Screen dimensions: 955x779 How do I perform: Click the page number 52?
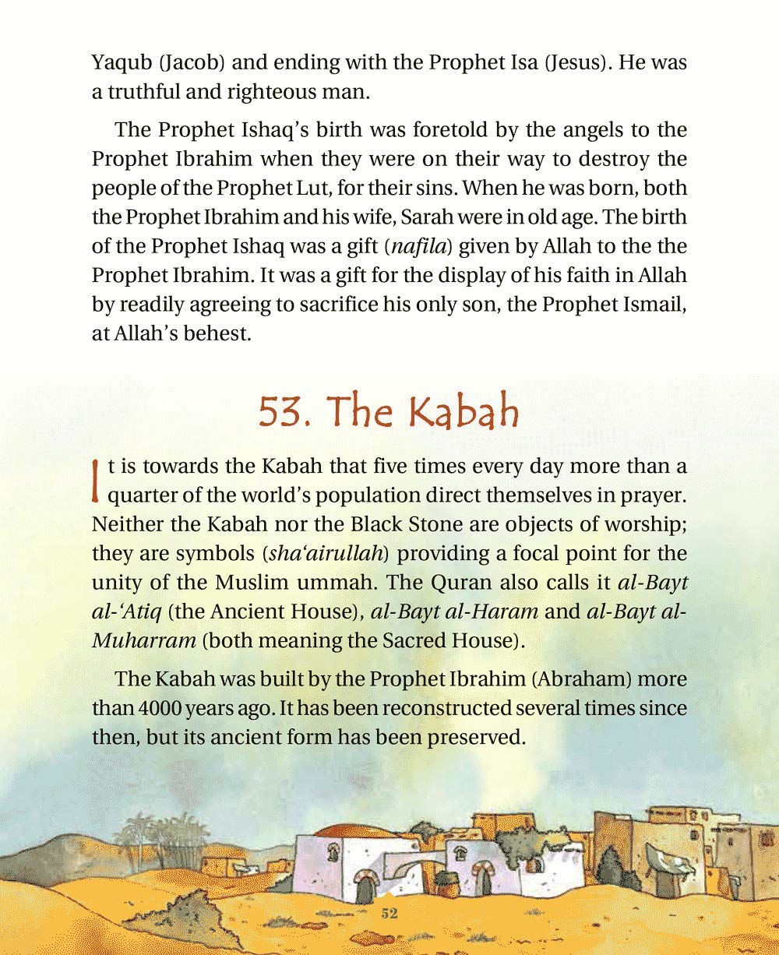(389, 914)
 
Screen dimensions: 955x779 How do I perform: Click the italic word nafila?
(414, 248)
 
